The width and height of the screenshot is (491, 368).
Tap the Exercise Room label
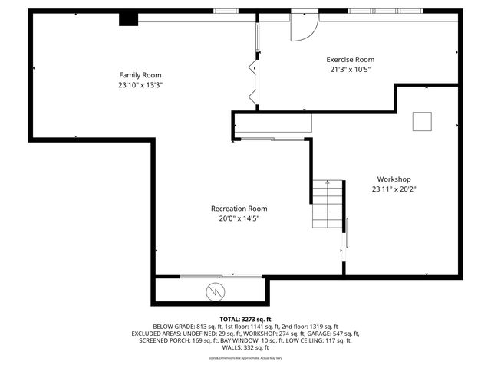(350, 59)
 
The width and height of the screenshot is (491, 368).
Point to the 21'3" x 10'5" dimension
(350, 69)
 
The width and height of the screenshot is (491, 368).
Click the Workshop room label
(394, 179)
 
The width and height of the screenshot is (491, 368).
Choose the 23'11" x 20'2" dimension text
(394, 189)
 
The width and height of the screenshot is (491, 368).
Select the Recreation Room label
(239, 208)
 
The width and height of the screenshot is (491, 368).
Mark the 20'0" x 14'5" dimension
(239, 219)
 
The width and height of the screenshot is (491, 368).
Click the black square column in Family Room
(127, 20)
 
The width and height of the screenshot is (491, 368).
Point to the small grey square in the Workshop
(422, 121)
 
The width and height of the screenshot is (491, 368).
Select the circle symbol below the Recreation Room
(216, 291)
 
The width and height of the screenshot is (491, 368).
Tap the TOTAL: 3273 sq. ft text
(245, 319)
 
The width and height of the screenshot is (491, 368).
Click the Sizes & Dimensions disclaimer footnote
(245, 358)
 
